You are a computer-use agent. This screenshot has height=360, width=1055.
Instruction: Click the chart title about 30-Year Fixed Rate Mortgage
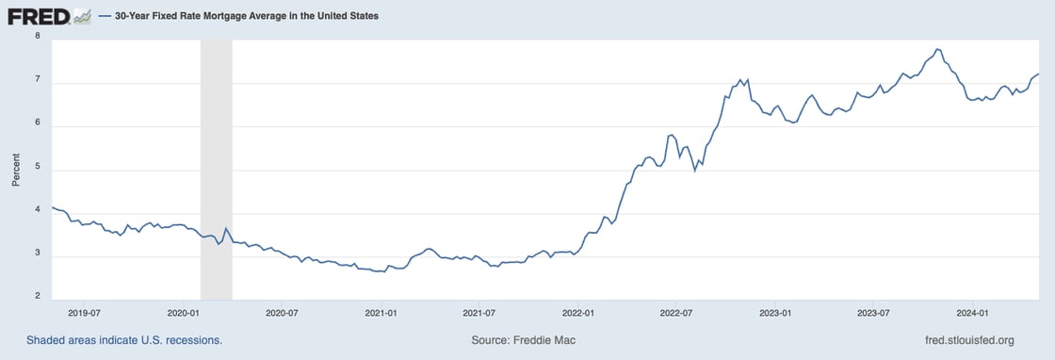252,16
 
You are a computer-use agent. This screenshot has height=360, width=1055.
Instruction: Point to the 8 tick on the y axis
37,36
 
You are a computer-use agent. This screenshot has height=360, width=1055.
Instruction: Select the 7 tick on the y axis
37,80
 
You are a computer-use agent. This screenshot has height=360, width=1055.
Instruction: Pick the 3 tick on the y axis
37,254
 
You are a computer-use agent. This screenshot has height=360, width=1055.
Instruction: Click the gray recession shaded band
216,170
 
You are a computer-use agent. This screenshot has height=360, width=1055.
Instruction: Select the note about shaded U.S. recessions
124,340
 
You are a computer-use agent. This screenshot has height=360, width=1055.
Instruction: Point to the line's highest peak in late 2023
937,49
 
